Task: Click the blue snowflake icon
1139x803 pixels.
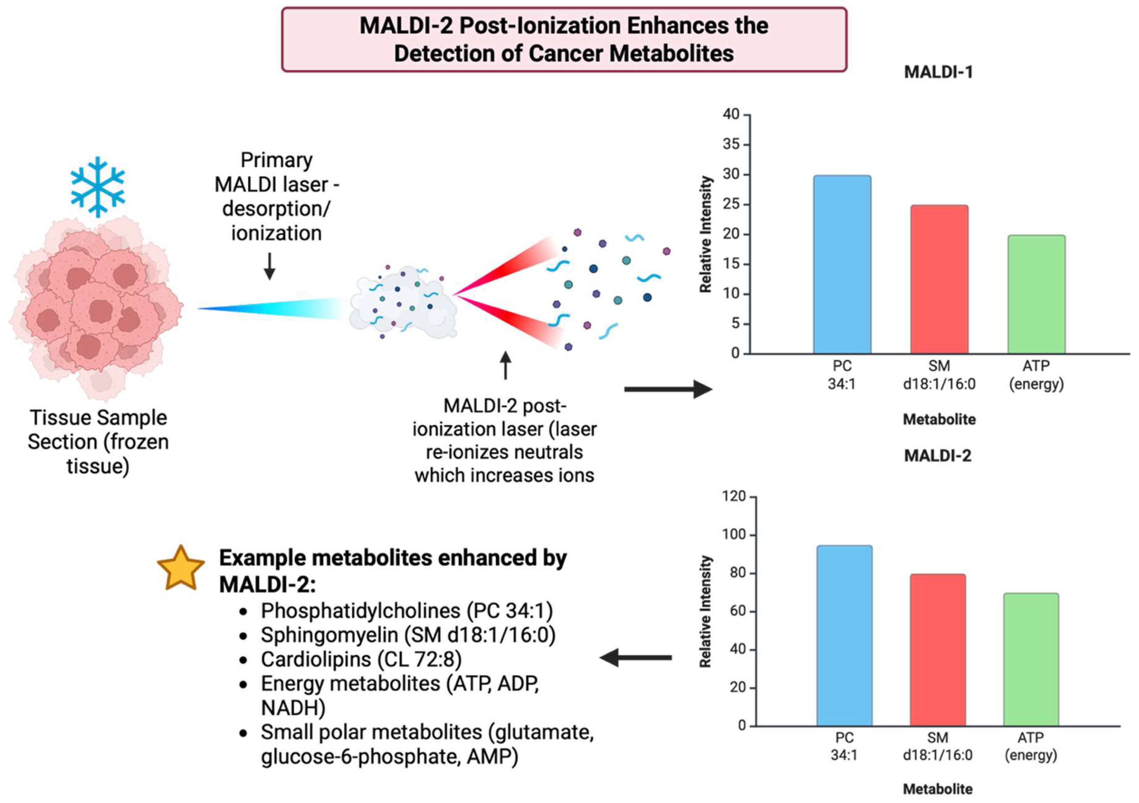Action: pos(98,187)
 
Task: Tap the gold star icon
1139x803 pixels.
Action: pos(181,569)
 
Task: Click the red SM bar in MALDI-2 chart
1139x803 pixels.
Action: pos(938,650)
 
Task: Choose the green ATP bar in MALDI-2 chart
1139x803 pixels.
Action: pos(1031,660)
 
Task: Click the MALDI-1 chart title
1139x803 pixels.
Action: pos(938,73)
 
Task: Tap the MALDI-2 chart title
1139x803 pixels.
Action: pos(938,456)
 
